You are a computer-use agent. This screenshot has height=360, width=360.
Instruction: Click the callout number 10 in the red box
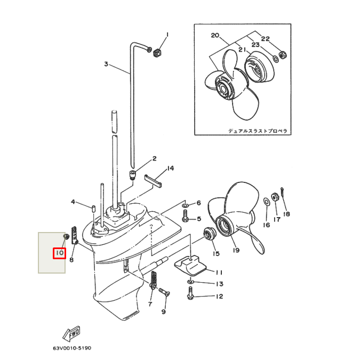59,252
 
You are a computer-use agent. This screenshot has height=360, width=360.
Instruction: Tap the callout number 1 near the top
166,35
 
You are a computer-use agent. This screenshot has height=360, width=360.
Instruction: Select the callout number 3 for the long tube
106,64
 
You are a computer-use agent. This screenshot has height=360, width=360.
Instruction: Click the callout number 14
170,169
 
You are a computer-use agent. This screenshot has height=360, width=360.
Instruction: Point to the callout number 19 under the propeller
235,250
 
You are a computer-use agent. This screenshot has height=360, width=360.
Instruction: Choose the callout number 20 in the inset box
215,36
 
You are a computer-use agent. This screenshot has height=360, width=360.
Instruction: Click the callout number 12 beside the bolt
219,296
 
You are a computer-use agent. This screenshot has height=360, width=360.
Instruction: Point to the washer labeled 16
266,202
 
